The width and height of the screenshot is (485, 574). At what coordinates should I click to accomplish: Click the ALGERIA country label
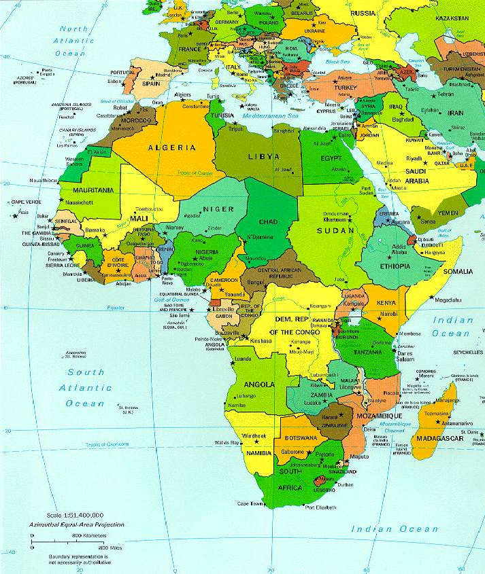click(172, 147)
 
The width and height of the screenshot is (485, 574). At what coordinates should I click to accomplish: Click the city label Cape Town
click(250, 503)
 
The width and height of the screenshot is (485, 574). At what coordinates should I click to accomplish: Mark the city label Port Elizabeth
click(322, 507)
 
